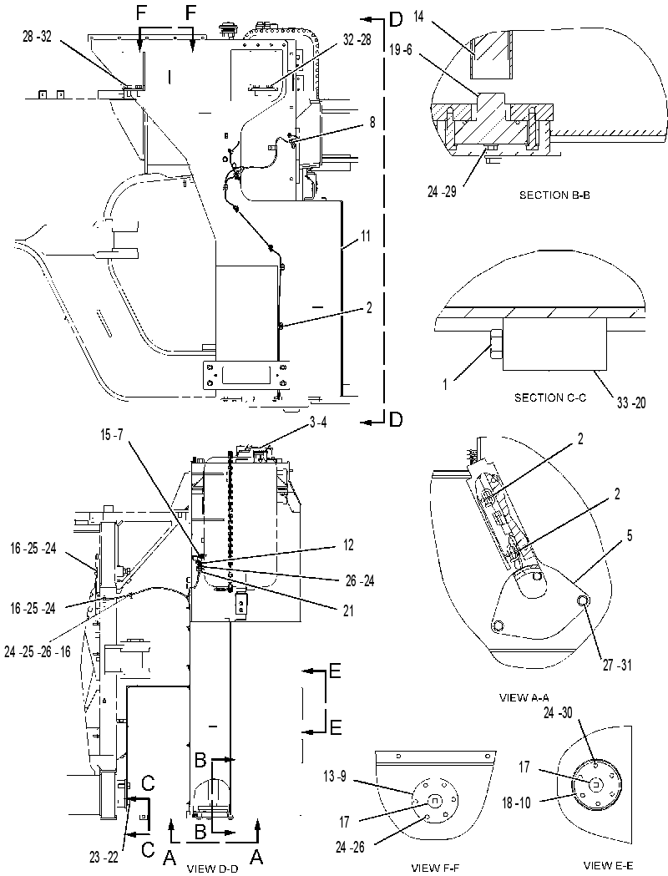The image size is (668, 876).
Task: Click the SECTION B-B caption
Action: point(554,195)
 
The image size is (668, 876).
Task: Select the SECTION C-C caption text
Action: point(550,397)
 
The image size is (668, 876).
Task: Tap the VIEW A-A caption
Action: point(524,697)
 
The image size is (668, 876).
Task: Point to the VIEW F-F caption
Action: point(436,868)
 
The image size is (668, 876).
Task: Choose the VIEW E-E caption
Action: point(608,865)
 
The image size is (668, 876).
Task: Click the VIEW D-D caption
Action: point(212,868)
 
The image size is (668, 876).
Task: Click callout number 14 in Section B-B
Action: point(419,18)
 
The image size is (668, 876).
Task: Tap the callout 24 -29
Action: point(442,191)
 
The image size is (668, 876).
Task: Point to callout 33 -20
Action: point(631,403)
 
